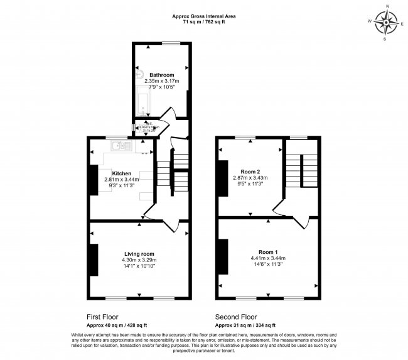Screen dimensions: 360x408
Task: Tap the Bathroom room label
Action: (x=161, y=75)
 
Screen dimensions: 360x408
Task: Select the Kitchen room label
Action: (x=121, y=173)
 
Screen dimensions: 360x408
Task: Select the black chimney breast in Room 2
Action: (x=222, y=178)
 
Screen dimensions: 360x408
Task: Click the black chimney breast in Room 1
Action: (x=222, y=258)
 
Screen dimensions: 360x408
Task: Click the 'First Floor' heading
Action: (x=102, y=317)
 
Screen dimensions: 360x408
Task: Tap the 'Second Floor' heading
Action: (x=235, y=317)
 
